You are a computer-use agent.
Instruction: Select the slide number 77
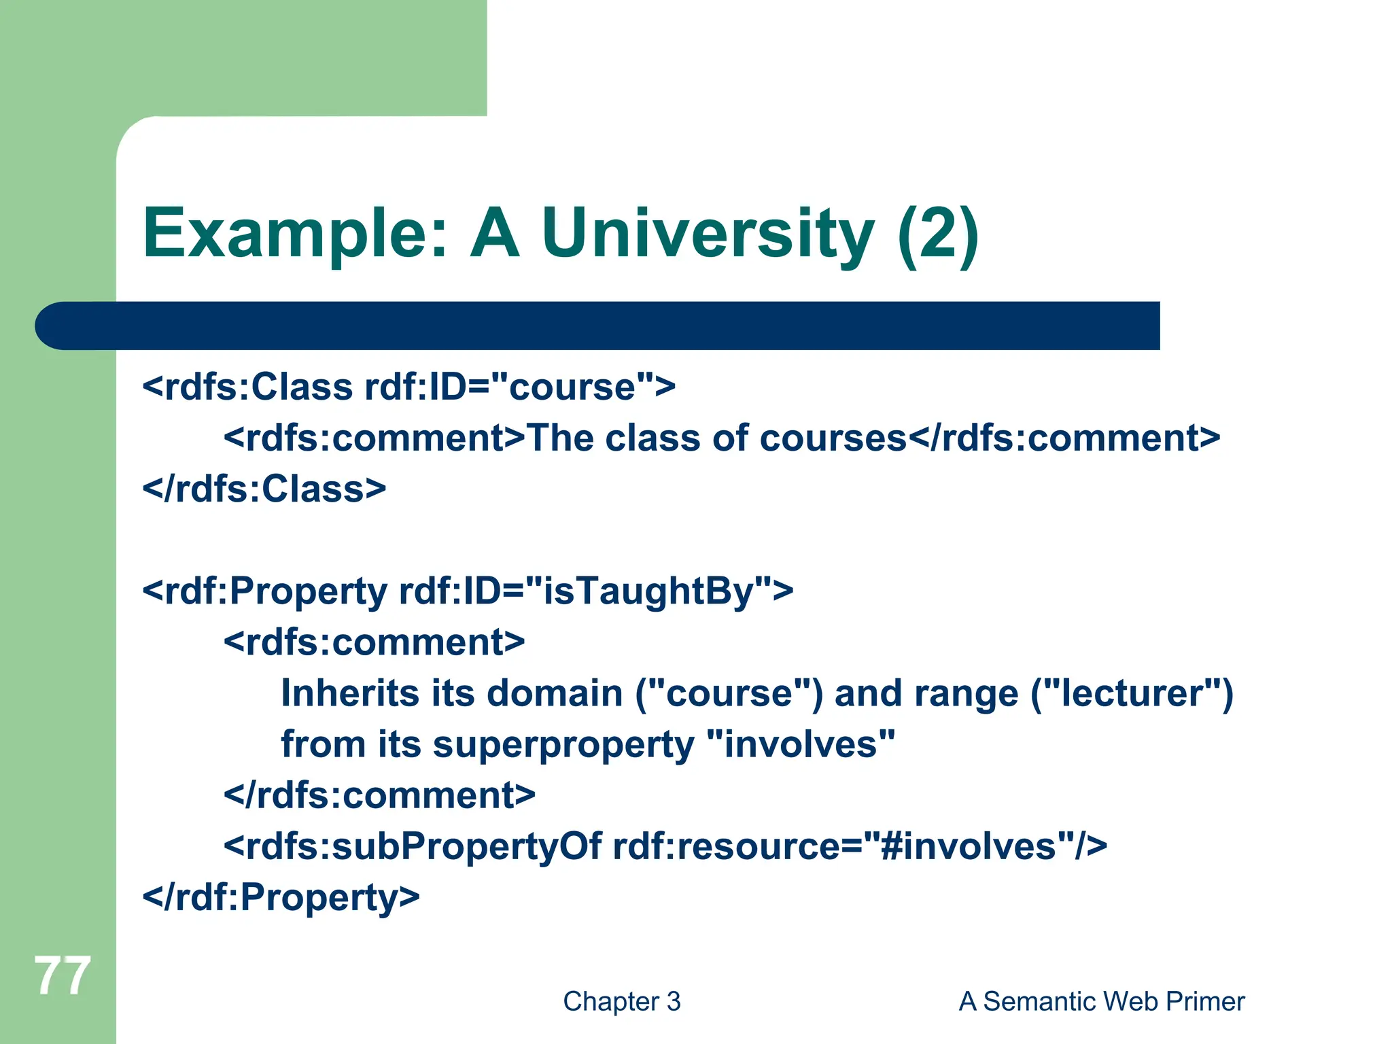pos(62,976)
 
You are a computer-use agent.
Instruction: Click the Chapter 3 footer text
pos(621,1001)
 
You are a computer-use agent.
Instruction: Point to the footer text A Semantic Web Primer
pos(1101,1001)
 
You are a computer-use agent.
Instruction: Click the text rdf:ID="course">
pos(520,387)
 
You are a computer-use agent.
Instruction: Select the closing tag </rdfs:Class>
pos(264,489)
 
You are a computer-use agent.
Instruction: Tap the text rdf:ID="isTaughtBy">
pos(596,591)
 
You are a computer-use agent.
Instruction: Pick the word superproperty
pos(563,744)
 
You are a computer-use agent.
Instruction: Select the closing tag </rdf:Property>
pos(281,897)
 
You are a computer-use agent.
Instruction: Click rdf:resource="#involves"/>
pos(860,846)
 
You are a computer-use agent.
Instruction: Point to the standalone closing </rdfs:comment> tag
pos(379,795)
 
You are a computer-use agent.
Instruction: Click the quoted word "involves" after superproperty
pos(801,744)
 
